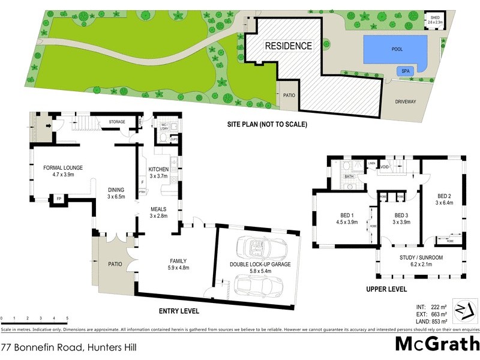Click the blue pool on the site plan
coord(395,49)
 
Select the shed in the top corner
coord(434,20)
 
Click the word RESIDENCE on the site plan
coord(289,46)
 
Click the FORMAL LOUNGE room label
coord(62,167)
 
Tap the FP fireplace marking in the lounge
coord(59,198)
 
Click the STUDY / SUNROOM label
coord(421,257)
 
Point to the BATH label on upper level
coord(349,177)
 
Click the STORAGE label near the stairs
coord(117,122)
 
